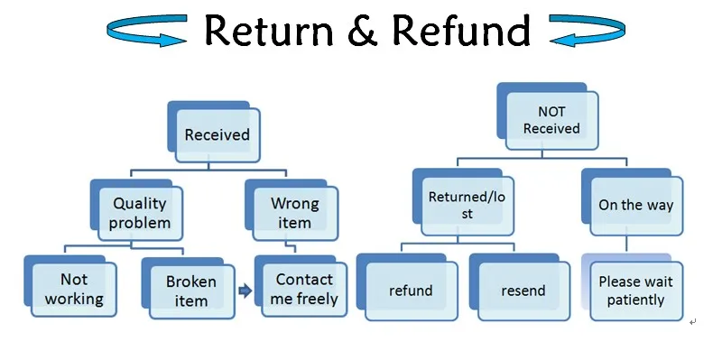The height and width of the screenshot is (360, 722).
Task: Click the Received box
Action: click(x=217, y=135)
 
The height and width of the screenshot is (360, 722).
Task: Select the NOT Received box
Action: click(x=551, y=121)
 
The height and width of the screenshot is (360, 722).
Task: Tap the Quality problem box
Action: click(x=140, y=213)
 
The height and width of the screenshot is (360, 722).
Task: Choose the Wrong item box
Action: click(x=294, y=213)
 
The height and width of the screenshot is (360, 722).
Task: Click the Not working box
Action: click(x=75, y=290)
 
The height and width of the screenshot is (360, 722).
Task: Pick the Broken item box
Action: click(x=190, y=291)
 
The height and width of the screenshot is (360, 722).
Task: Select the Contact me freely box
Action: click(x=305, y=289)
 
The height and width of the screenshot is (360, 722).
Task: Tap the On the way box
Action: click(x=635, y=205)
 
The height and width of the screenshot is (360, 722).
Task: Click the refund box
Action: click(x=411, y=291)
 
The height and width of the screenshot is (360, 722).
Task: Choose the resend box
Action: click(x=523, y=291)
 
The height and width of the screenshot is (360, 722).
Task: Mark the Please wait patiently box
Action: click(x=635, y=291)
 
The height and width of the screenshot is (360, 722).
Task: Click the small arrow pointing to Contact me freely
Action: click(x=244, y=291)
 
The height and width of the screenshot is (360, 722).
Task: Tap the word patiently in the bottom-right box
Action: click(x=635, y=300)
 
